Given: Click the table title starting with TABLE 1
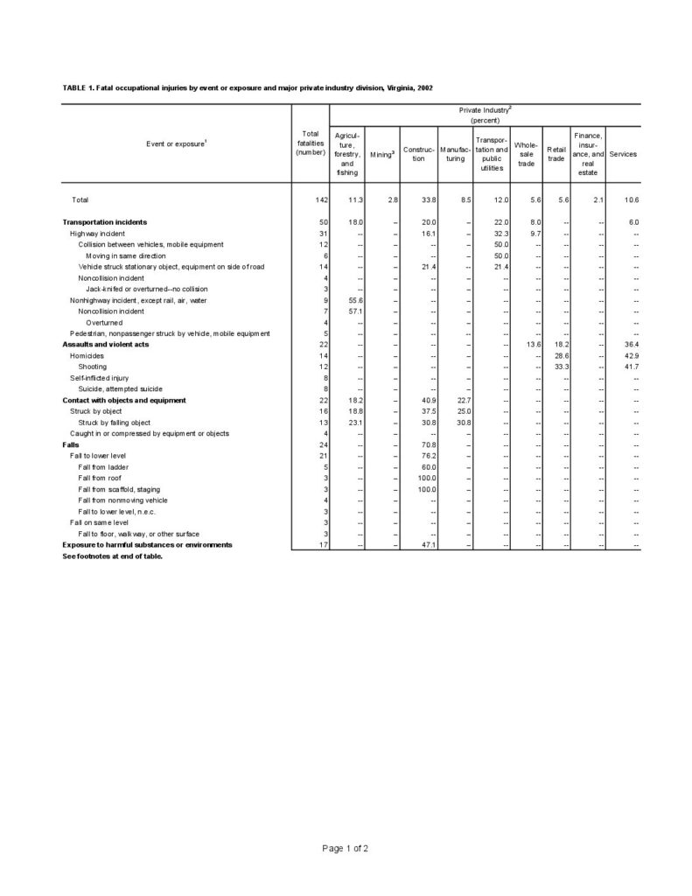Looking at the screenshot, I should tap(248, 88).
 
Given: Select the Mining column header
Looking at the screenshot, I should tap(381, 155).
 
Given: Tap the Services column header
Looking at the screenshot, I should tap(623, 154).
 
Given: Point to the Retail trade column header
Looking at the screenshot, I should tap(556, 154).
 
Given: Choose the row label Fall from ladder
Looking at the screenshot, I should tap(101, 467).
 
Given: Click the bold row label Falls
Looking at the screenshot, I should tap(71, 444).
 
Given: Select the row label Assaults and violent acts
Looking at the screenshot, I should tap(105, 345).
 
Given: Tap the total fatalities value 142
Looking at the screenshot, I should tap(321, 200).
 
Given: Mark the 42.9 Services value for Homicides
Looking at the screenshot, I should tap(631, 356).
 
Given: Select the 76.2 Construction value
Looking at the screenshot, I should tap(428, 456).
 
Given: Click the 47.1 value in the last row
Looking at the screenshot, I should tap(428, 544).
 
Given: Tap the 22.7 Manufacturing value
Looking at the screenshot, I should tap(464, 400).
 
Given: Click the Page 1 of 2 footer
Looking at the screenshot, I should tap(345, 848).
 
